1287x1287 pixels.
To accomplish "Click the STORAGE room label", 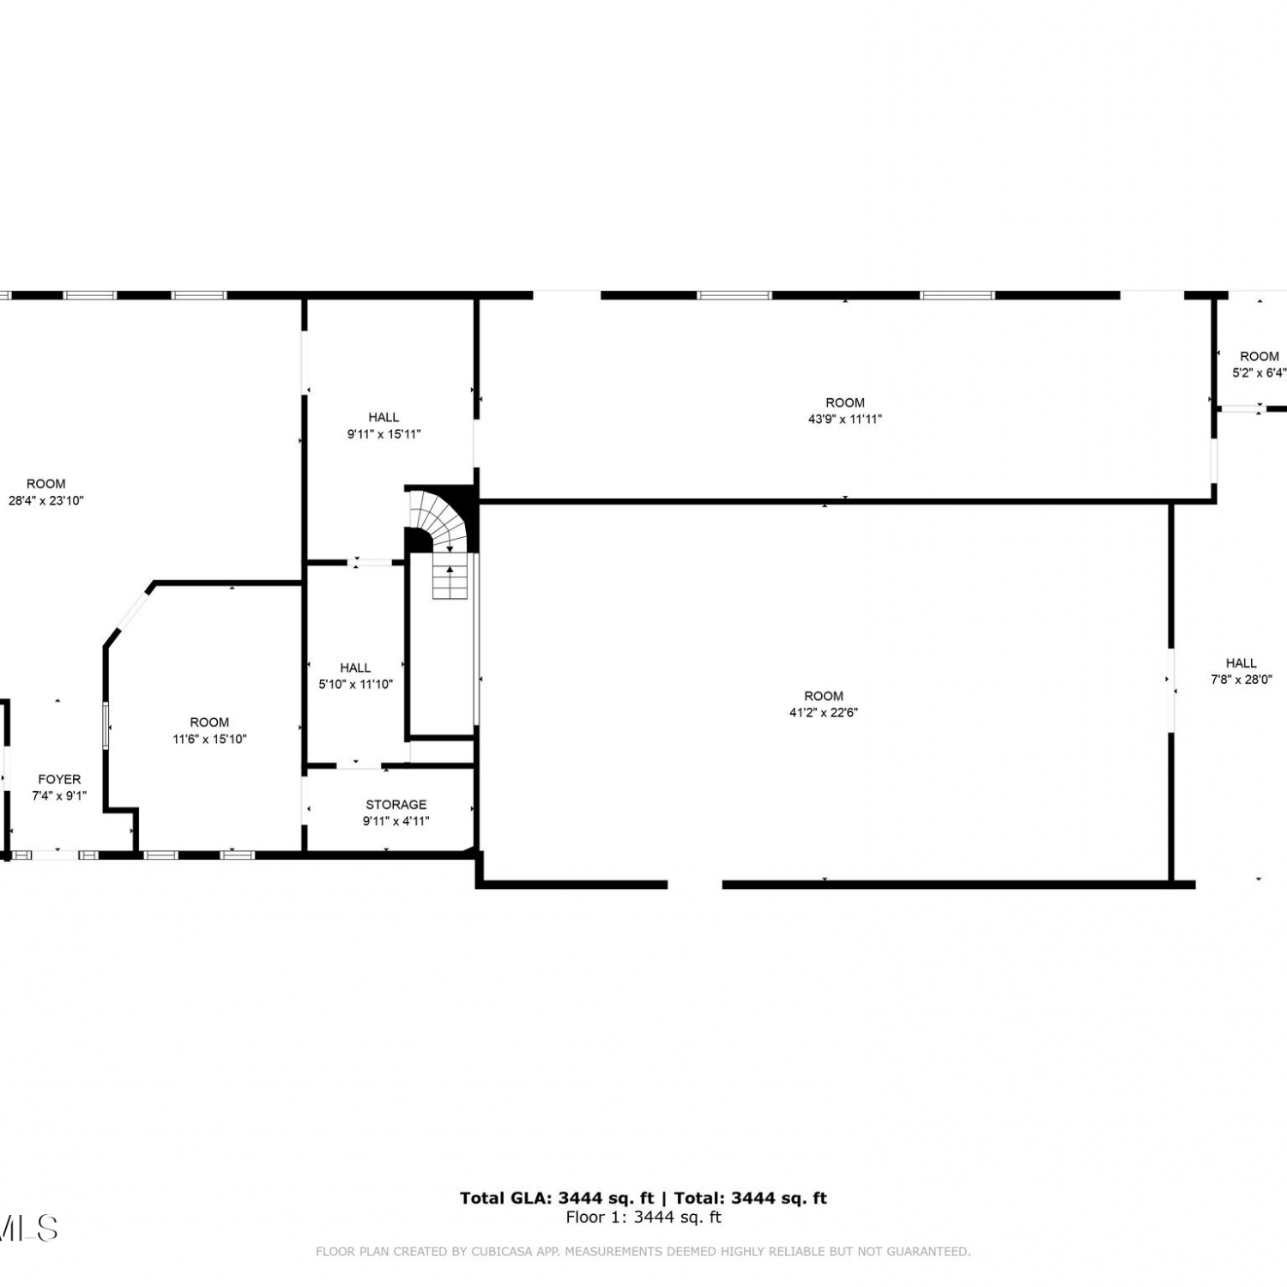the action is coord(396,804).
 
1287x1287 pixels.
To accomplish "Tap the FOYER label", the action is coord(59,779).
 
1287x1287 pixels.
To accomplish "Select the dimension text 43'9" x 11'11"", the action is coord(845,419).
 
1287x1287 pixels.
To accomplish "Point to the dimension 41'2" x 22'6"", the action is coord(824,712).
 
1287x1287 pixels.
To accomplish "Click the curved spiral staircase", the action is coord(439,519).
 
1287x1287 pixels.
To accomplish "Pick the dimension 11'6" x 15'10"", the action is coord(209,739).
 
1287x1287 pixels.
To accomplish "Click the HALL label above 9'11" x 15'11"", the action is coord(384,417).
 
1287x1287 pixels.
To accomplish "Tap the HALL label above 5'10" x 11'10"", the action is coord(355,668).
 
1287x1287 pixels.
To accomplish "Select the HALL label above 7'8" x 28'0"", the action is coord(1241,662).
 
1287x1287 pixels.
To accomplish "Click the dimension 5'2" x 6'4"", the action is coord(1260,372).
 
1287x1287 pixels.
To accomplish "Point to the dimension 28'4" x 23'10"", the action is coord(46,500).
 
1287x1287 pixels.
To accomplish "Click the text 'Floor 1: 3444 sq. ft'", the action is coord(643,1217).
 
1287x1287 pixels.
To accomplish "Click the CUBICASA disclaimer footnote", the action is coord(643,1252).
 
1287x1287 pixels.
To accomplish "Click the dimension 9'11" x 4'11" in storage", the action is coord(396,821).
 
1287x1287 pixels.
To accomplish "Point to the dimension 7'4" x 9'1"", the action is coord(59,795).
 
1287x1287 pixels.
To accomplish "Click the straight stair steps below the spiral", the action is coord(450,581).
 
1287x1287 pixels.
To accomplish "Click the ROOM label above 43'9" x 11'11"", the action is coord(845,402).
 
